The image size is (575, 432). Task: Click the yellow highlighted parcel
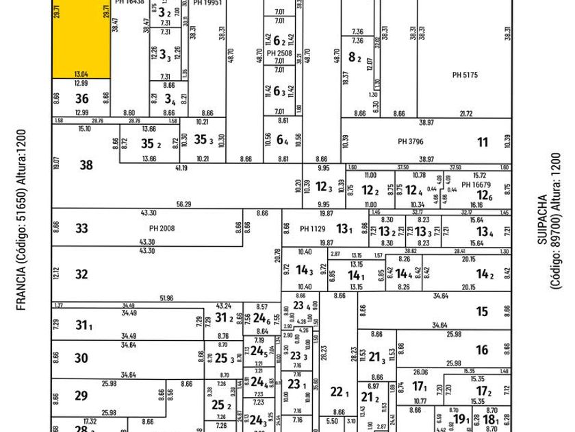click(81, 38)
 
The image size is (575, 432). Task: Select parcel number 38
click(86, 165)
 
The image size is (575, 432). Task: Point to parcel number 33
click(81, 228)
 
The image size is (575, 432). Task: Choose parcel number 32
click(81, 274)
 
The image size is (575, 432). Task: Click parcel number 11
click(483, 143)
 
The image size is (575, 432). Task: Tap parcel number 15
click(483, 312)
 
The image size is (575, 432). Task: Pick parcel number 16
click(483, 350)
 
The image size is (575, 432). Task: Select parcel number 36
click(81, 99)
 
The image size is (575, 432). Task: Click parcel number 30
click(81, 358)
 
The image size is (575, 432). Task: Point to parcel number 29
click(81, 396)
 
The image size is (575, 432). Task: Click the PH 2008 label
click(158, 228)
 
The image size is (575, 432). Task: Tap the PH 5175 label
click(465, 74)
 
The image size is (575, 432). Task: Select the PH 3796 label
click(411, 143)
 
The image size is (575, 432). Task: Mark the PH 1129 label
click(314, 228)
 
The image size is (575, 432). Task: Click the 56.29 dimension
click(183, 204)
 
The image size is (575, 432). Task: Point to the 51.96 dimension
click(166, 298)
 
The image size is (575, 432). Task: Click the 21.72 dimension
click(466, 113)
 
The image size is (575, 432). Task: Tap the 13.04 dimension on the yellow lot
click(81, 72)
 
